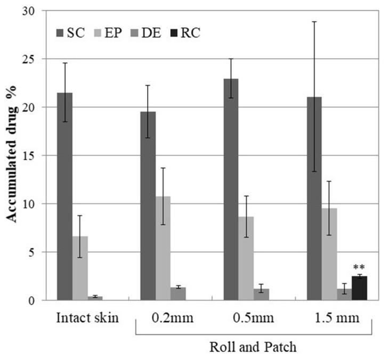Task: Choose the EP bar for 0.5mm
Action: point(246,258)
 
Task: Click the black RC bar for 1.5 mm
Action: point(360,288)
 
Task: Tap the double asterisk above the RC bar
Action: point(360,267)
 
